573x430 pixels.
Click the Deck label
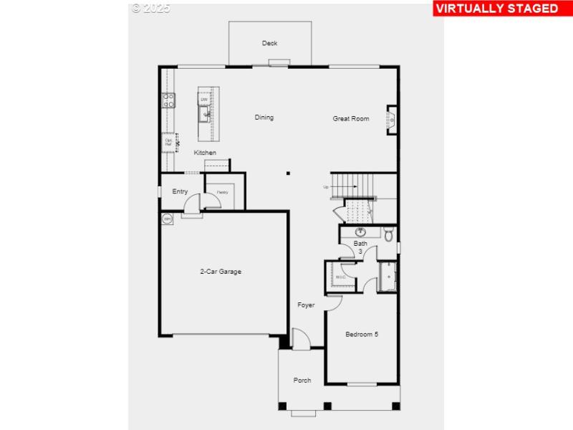[269, 43]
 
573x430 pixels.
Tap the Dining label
[264, 118]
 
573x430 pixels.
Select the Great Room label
[351, 118]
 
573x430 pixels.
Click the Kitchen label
[205, 153]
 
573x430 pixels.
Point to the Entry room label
[180, 191]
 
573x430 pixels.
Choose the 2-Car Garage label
[221, 272]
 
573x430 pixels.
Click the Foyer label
[307, 305]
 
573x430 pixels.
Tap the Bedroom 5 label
[362, 334]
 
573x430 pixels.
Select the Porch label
[302, 380]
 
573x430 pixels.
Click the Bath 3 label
[360, 247]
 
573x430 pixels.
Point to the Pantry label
[222, 192]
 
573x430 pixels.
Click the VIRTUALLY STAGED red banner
[496, 9]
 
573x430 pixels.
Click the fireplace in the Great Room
[392, 120]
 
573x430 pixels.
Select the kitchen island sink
[205, 113]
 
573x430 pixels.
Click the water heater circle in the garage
[168, 219]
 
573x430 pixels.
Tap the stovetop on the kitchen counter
[169, 100]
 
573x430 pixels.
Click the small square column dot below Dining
[288, 173]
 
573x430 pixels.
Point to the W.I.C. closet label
[340, 277]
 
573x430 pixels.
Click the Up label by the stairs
[326, 187]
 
